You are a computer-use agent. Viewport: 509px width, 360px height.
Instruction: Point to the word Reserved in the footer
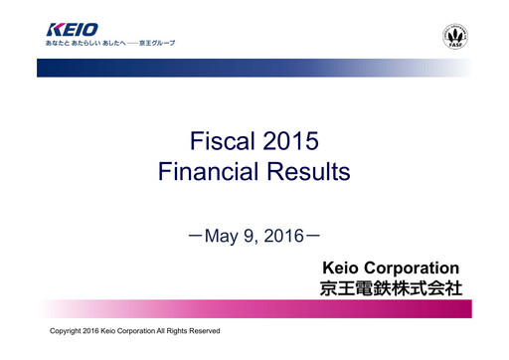tap(201, 329)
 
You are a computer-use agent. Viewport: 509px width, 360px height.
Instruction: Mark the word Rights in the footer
tap(169, 329)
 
